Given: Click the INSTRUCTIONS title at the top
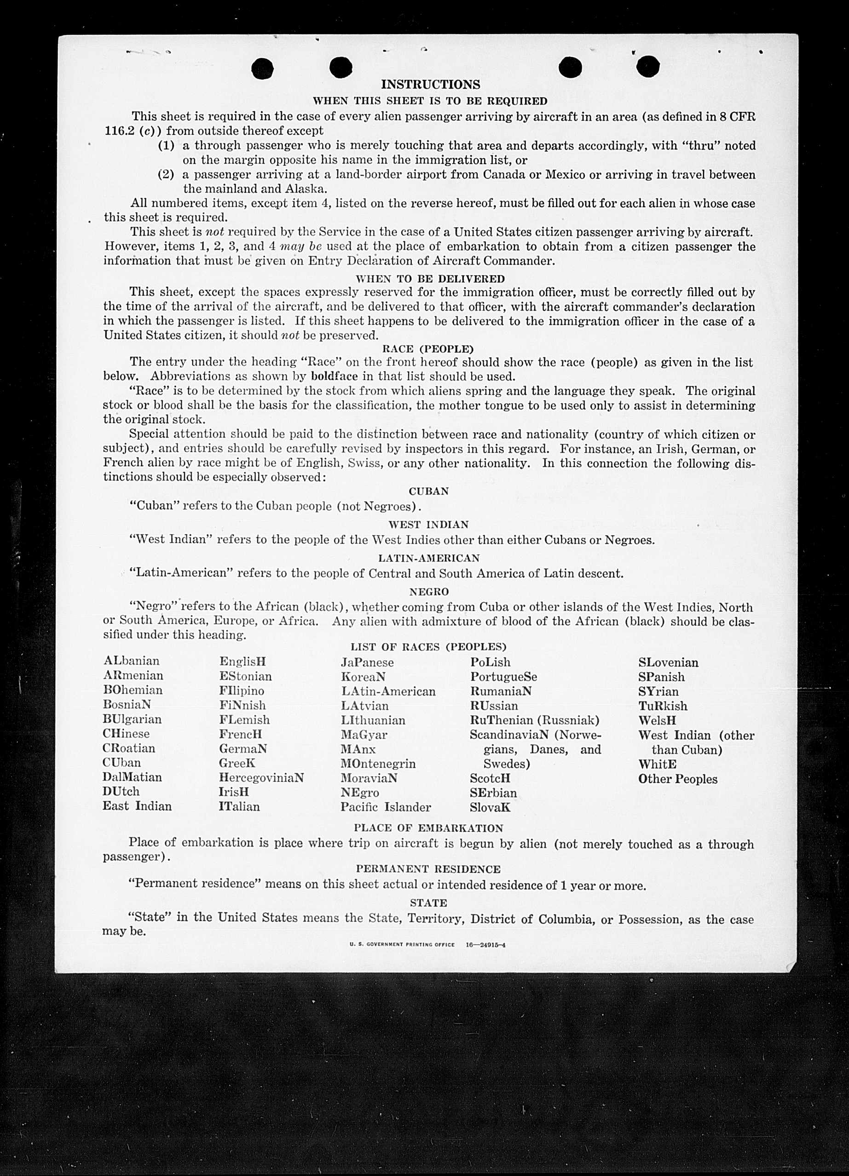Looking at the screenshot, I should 430,85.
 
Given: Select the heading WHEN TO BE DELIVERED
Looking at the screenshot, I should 430,279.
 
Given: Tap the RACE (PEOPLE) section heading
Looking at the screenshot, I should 427,348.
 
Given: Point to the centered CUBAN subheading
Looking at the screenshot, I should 429,491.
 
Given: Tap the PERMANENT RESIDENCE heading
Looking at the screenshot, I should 428,869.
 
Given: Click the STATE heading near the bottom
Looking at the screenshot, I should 428,903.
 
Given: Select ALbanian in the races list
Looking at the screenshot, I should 131,661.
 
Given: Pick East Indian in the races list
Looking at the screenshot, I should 137,806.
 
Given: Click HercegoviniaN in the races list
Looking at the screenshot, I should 261,778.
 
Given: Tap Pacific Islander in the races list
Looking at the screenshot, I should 386,807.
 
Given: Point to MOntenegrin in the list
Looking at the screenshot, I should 378,764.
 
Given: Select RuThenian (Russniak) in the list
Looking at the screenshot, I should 535,720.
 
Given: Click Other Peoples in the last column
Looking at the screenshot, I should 678,779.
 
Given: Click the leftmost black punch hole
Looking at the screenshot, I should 262,68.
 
